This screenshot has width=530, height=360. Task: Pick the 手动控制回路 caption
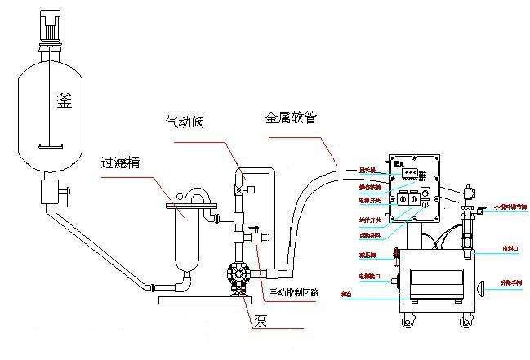[x=296, y=292]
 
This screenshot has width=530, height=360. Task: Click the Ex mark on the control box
[x=401, y=162]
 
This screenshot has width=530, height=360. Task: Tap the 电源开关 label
[x=370, y=199]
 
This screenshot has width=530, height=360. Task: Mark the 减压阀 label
[x=370, y=253]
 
